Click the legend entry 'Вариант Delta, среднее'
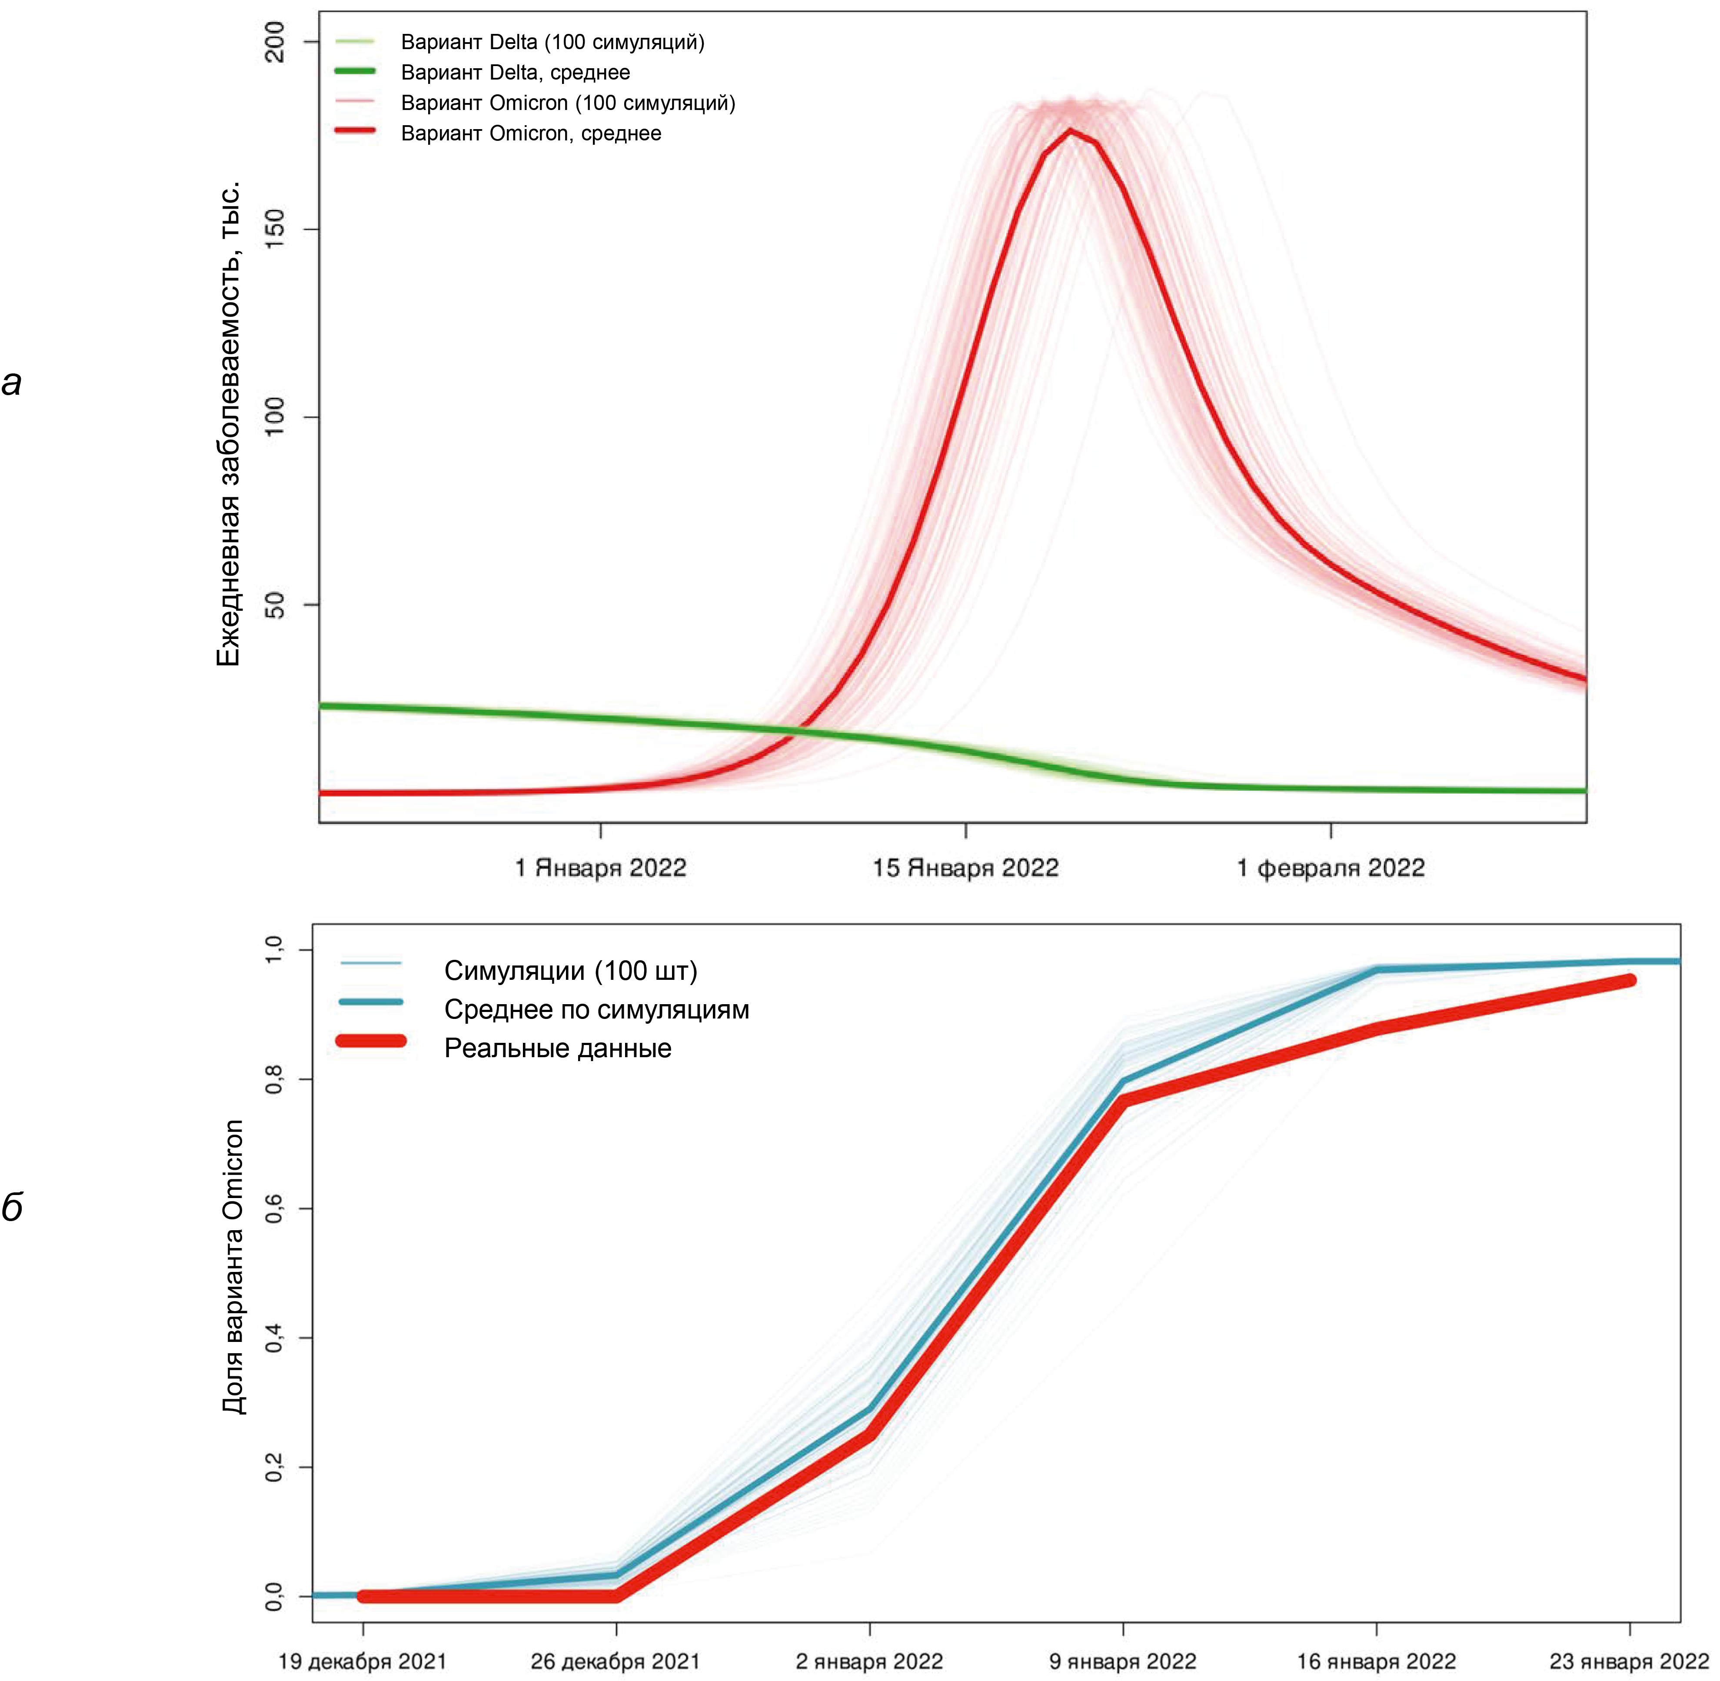pos(515,73)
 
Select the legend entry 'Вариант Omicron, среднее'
pos(531,133)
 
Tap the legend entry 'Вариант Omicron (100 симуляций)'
pos(568,103)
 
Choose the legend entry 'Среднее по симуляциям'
pos(596,1009)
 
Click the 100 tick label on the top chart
pos(276,417)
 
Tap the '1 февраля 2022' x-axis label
pos(1331,868)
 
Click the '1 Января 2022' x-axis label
pos(600,868)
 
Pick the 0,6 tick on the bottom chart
pos(276,1208)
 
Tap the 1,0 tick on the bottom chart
pos(276,950)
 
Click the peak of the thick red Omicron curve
pos(1070,131)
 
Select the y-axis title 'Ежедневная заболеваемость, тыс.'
pos(229,424)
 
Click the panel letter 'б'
pos(12,1206)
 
